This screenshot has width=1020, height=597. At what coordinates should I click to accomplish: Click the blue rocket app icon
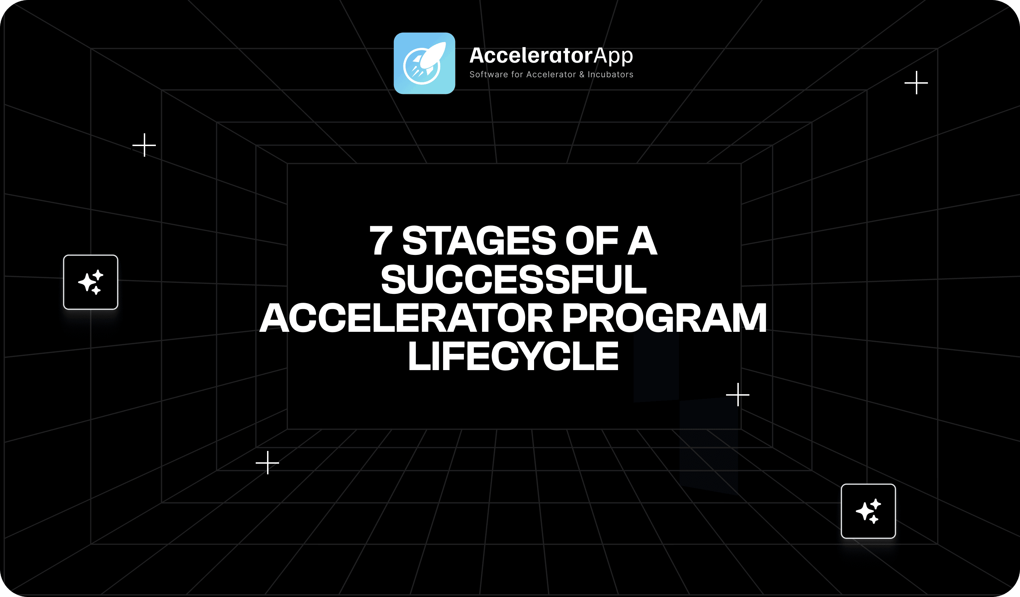424,63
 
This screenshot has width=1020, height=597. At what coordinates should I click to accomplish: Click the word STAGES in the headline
479,241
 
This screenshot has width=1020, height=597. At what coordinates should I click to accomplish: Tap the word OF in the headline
592,241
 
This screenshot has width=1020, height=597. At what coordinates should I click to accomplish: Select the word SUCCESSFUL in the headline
514,279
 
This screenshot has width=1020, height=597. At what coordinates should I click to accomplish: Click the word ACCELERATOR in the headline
406,318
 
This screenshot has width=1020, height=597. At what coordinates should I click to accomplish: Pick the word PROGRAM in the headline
664,318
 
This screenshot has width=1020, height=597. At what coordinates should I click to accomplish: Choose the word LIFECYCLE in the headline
513,356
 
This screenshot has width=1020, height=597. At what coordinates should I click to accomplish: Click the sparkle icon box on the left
91,282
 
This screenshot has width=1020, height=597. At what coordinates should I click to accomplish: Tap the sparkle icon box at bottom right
868,511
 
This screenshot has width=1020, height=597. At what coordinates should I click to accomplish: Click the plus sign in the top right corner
916,83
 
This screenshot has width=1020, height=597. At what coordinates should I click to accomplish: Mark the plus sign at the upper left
144,145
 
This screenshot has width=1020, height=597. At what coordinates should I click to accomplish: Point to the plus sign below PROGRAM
738,395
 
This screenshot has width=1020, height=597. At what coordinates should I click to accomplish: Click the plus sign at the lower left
267,463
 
